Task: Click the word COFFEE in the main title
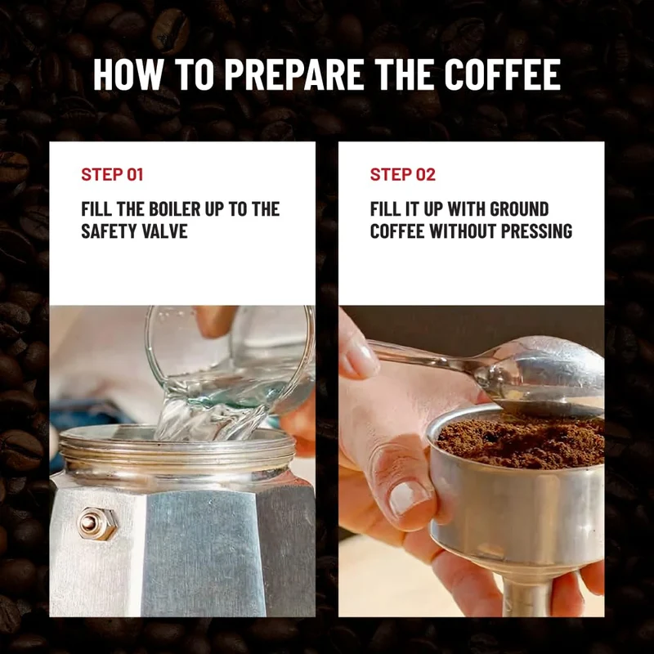point(502,74)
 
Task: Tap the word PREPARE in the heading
point(293,74)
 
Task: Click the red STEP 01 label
point(112,174)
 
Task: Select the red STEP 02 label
point(402,174)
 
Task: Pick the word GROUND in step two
point(519,209)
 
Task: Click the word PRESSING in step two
point(536,231)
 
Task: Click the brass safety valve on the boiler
point(96,524)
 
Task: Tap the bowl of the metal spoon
point(546,378)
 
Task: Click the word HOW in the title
point(128,74)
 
